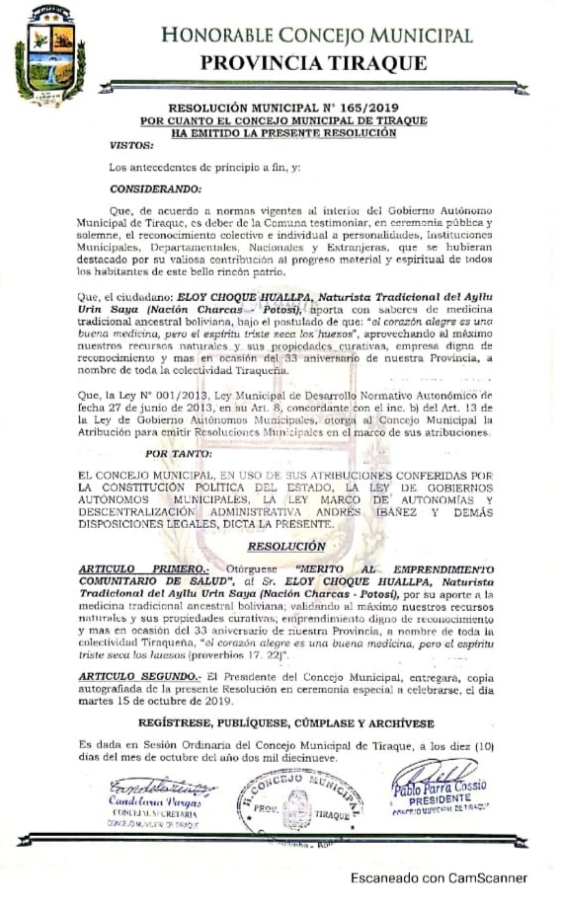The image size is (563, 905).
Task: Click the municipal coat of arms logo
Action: point(49,57)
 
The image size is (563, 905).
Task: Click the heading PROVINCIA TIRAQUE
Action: point(314,63)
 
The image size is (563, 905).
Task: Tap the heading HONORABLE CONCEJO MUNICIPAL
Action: point(317,36)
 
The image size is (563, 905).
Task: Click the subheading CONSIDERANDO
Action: point(155,188)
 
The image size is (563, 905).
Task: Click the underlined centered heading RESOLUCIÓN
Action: point(285,545)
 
